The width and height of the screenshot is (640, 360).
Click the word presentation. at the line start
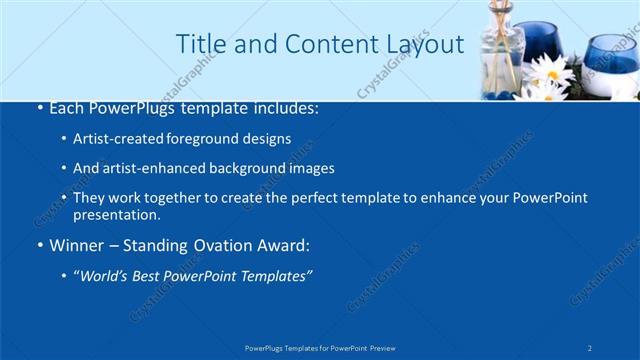click(116, 215)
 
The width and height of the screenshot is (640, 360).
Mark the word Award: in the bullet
click(284, 244)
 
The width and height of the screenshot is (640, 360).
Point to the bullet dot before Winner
click(39, 245)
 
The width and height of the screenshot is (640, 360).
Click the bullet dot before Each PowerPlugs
click(39, 107)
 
